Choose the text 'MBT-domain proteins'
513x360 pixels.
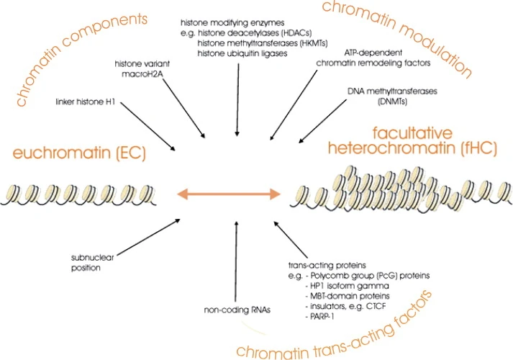[353, 296]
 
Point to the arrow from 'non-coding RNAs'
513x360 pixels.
[235, 260]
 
